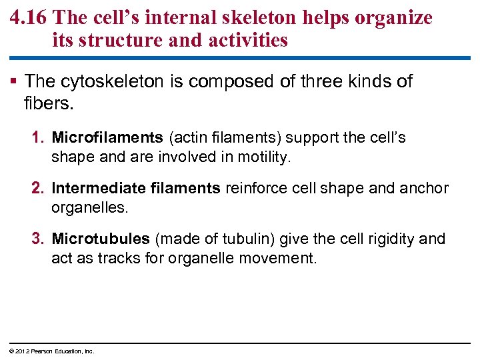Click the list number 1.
38,138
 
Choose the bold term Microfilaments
107,138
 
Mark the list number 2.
38,189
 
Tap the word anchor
423,189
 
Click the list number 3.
38,239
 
